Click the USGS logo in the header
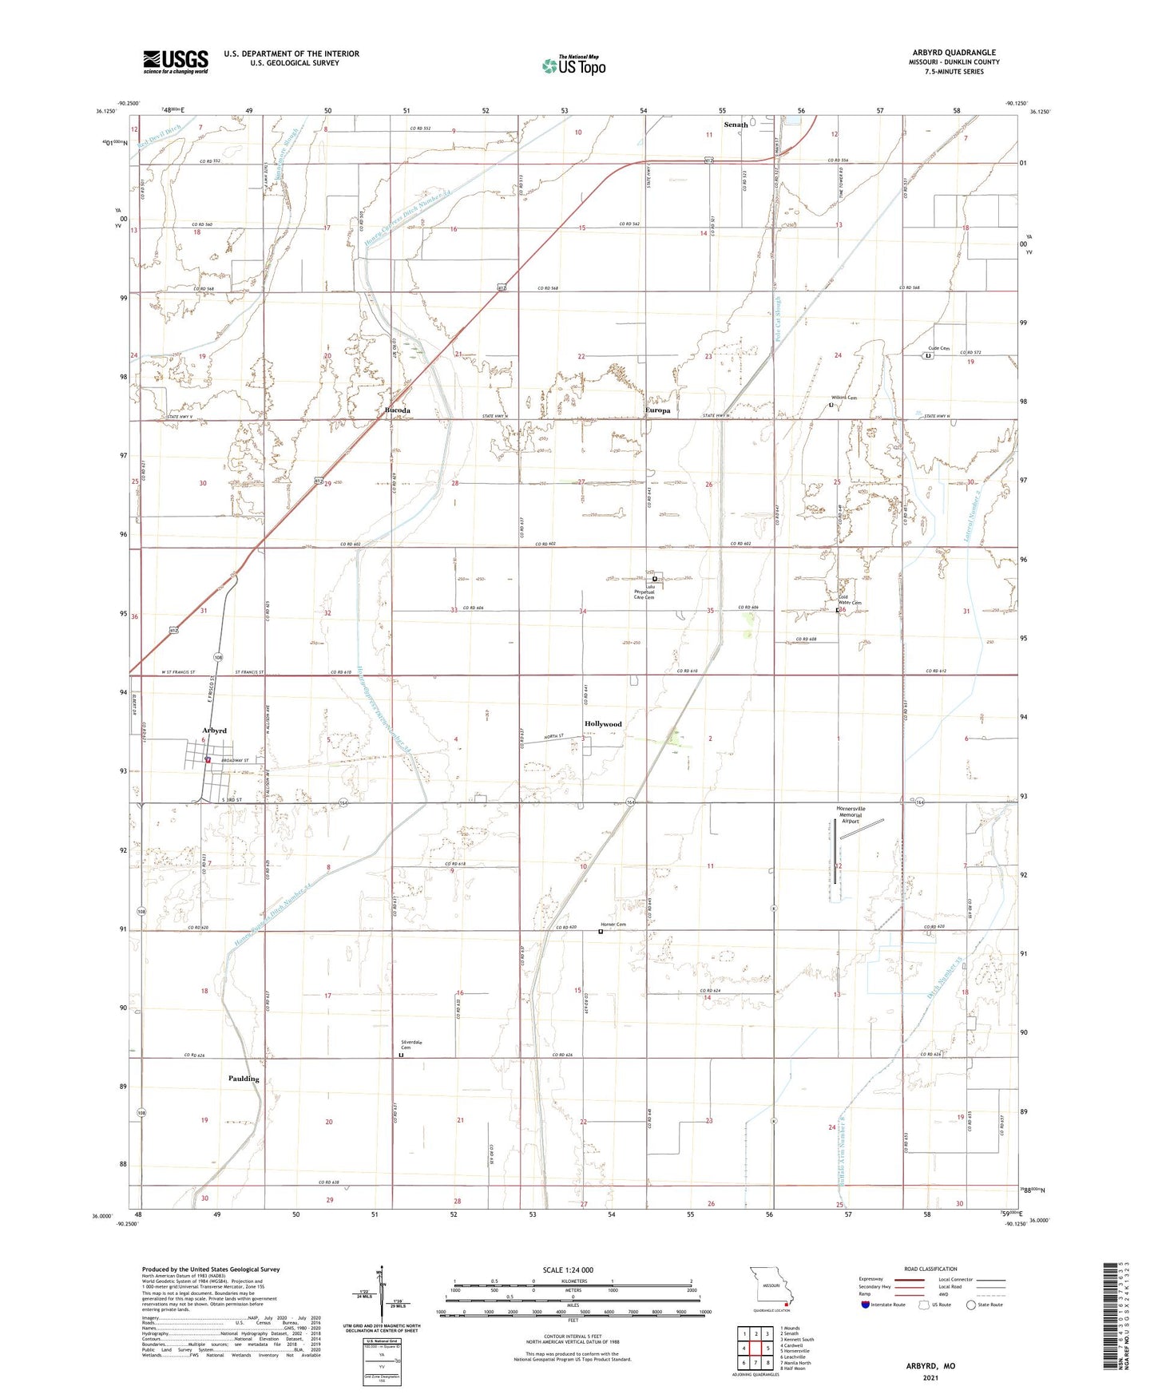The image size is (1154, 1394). click(x=176, y=61)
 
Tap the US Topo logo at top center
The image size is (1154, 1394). click(x=573, y=65)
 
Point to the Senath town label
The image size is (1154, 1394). click(x=736, y=125)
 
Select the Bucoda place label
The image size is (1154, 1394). click(x=398, y=410)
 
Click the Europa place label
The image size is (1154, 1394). click(x=657, y=410)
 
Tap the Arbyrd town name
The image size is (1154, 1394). click(x=214, y=731)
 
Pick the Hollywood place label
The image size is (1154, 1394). click(x=603, y=724)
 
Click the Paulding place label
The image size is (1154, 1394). click(x=244, y=1079)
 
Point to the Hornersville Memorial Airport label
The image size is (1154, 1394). click(x=851, y=814)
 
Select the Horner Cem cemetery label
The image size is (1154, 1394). click(x=613, y=925)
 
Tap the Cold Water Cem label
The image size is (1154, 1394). click(x=850, y=600)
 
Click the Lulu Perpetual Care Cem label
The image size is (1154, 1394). click(x=644, y=592)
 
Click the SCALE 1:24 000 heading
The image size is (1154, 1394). click(x=568, y=1270)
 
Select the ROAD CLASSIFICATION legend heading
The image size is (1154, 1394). click(x=930, y=1269)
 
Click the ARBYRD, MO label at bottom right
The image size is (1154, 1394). click(x=930, y=1366)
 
